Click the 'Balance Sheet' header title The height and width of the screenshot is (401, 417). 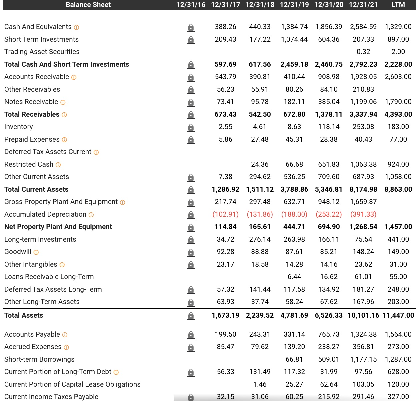[x=88, y=5]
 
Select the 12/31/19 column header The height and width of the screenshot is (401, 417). [x=294, y=5]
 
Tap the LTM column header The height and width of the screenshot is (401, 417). [x=398, y=5]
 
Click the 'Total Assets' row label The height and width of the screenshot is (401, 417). [x=24, y=315]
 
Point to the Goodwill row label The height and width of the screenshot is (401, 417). [x=18, y=252]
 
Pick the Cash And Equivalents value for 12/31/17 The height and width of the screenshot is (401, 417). [x=225, y=27]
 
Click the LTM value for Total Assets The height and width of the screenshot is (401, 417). [x=398, y=315]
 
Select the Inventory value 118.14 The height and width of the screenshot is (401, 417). [x=329, y=127]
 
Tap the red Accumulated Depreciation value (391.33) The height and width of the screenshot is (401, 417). [x=363, y=214]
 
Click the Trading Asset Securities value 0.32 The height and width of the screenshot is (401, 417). [x=363, y=52]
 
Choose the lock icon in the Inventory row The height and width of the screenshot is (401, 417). [x=191, y=127]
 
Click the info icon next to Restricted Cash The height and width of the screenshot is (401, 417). [x=58, y=165]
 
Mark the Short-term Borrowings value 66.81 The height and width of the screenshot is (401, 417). [x=294, y=359]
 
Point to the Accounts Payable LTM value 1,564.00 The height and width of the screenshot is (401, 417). [x=398, y=334]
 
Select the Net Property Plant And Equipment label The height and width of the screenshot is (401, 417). [x=58, y=227]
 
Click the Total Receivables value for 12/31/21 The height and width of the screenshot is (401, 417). [x=363, y=114]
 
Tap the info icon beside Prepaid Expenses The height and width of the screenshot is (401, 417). [x=64, y=140]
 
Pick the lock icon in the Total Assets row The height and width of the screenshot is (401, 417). [x=191, y=316]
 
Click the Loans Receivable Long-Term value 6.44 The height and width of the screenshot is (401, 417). [x=294, y=277]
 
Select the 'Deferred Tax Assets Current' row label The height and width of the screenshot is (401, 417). [x=48, y=152]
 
